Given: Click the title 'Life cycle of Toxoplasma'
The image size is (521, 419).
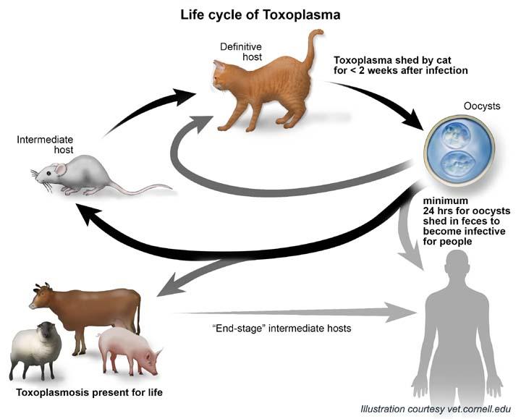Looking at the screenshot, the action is coord(260,15).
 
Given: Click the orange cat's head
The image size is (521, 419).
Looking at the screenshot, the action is coord(221,74).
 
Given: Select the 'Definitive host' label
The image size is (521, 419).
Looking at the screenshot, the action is coord(241,51).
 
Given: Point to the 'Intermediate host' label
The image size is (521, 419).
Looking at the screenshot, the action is coord(45,145).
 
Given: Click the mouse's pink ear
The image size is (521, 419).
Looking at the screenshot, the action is coord(61,169).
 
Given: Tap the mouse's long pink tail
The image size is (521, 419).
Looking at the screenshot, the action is coord(140,190).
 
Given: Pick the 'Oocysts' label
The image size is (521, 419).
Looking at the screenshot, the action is coord(482,106).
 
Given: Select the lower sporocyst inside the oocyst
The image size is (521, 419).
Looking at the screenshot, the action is coord(457,164).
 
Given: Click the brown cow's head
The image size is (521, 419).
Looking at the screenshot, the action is coord(41,297).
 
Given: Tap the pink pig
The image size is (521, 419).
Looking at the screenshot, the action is coord(129,350).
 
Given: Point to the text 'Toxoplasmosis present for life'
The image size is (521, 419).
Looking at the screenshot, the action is coord(90,392).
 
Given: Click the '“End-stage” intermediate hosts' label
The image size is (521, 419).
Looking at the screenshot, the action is coord(281,329).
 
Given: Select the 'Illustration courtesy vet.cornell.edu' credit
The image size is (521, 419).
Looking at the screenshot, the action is coord(436,409).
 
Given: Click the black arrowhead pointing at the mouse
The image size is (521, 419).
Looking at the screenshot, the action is coord(88,213).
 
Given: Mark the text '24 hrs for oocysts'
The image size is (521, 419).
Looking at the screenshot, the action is coord(467,211).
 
